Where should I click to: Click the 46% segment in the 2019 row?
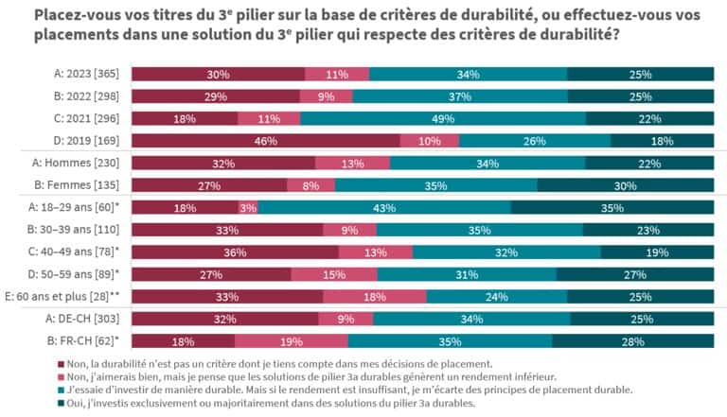tap(265, 141)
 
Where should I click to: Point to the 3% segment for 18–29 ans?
tap(248, 207)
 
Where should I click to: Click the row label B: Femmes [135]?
tap(87, 185)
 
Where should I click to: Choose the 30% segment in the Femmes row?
tap(625, 185)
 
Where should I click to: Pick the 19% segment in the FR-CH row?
tap(292, 340)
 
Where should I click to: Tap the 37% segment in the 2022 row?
tap(459, 96)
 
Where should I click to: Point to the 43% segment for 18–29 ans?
tap(384, 207)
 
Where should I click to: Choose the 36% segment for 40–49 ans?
tap(235, 252)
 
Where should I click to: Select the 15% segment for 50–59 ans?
tap(333, 274)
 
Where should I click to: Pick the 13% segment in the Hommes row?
tap(352, 163)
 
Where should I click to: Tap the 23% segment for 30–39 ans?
tap(647, 230)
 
